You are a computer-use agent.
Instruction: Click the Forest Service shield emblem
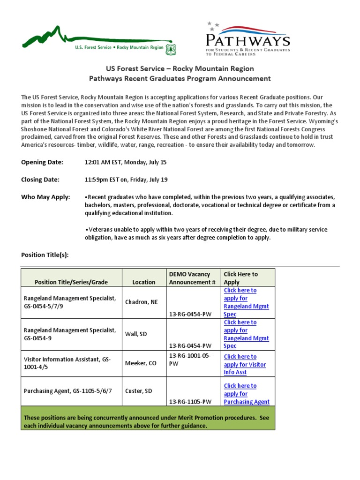tap(171, 48)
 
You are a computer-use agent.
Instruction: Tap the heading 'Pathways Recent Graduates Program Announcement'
tap(180, 78)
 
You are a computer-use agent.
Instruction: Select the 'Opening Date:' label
tap(42, 162)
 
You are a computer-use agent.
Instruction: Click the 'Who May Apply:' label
tap(45, 197)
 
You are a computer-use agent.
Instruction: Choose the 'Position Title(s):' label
tap(45, 255)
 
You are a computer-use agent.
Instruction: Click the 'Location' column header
tap(143, 282)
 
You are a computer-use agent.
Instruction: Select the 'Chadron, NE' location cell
tap(142, 302)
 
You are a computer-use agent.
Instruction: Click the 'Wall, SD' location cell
tap(136, 334)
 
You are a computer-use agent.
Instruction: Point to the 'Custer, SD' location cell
tap(138, 390)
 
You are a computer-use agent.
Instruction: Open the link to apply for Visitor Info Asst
tap(245, 364)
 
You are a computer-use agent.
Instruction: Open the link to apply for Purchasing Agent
tap(247, 394)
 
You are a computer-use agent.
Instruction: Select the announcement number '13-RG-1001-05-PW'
tap(190, 360)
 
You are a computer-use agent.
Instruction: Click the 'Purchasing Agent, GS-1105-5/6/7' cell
tap(68, 390)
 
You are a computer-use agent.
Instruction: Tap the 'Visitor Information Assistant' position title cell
tap(67, 363)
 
